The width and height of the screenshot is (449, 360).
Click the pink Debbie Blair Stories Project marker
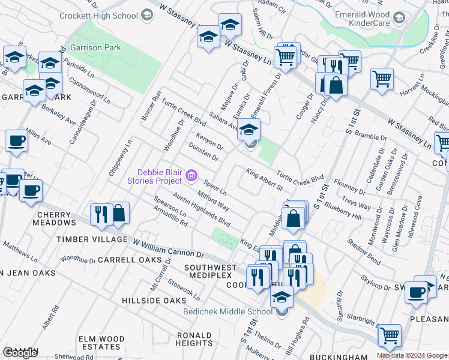pyautogui.click(x=192, y=175)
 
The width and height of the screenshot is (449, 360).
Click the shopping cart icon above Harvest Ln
pyautogui.click(x=382, y=79)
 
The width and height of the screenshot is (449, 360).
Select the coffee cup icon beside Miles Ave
pyautogui.click(x=16, y=141)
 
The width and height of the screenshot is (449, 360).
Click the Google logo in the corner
pyautogui.click(x=20, y=353)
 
